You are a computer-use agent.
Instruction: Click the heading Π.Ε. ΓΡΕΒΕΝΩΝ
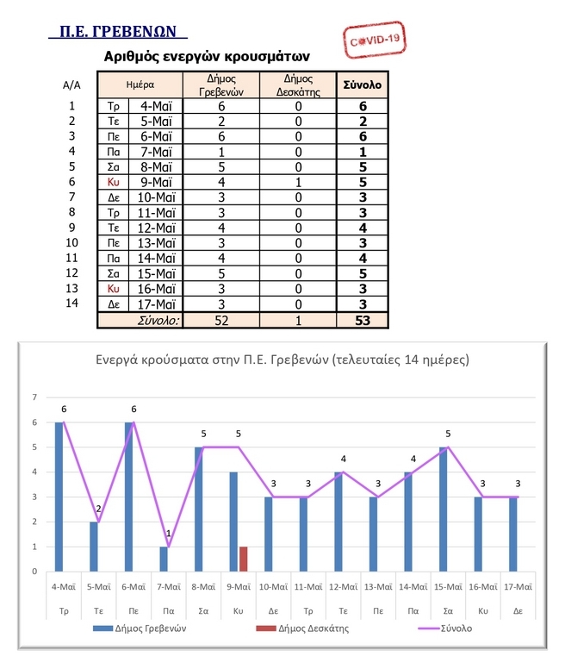pyautogui.click(x=118, y=32)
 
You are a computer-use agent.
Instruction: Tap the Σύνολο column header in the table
pyautogui.click(x=363, y=86)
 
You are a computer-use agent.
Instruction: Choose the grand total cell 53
pyautogui.click(x=363, y=321)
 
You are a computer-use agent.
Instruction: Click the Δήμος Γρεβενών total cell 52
pyautogui.click(x=221, y=321)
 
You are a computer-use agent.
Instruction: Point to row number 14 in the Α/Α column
pyautogui.click(x=72, y=303)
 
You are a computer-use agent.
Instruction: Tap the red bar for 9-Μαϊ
pyautogui.click(x=243, y=559)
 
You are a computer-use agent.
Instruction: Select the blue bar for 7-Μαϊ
pyautogui.click(x=164, y=559)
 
